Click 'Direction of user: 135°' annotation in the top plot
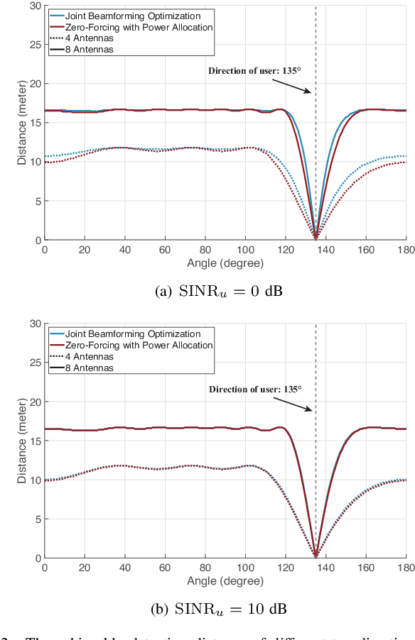pos(254,70)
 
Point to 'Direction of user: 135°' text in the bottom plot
pos(254,388)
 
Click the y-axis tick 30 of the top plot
pos(35,6)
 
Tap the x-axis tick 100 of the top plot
pos(245,250)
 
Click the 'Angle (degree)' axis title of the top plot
pos(225,263)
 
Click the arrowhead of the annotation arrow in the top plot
pos(310,92)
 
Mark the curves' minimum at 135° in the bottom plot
pos(316,557)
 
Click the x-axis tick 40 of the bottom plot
pos(125,568)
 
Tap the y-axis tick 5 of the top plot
pos(37,201)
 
